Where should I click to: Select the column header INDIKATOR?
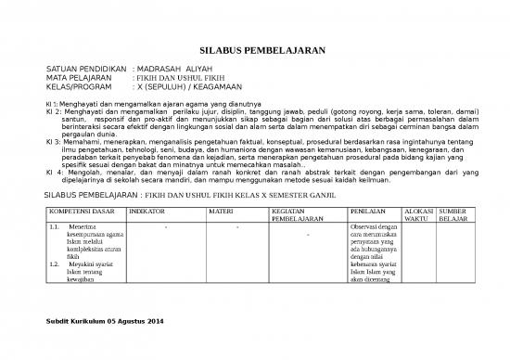click(x=147, y=212)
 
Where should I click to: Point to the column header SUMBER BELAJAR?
click(x=453, y=215)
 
